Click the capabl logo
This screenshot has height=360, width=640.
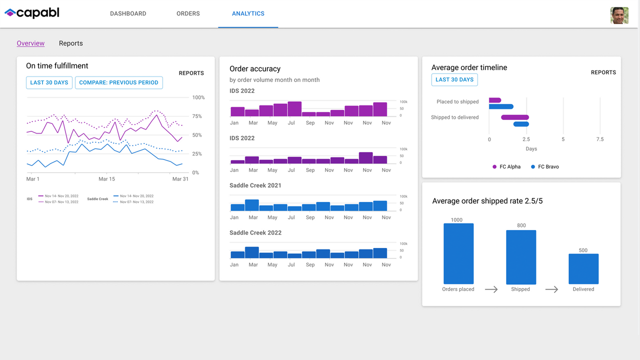click(32, 13)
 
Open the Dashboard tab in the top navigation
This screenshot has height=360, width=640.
click(128, 13)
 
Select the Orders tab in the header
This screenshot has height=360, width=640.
click(188, 13)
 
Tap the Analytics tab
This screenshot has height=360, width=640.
click(248, 13)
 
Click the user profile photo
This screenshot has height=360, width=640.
click(619, 15)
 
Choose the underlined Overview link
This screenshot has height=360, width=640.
click(30, 43)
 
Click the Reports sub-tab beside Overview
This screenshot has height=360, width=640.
click(70, 43)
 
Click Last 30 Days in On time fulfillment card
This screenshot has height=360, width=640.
click(49, 82)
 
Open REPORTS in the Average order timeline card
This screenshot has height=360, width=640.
click(603, 72)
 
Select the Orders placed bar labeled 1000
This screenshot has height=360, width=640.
click(458, 253)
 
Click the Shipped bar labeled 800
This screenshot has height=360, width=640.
click(521, 257)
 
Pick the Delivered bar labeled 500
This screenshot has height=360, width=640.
click(583, 269)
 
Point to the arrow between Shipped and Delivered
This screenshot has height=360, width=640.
click(551, 289)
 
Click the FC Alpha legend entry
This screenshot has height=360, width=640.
click(506, 166)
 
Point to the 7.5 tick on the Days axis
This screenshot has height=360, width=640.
click(600, 139)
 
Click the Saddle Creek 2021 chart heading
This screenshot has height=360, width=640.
click(255, 185)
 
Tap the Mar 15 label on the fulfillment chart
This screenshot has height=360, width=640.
click(106, 179)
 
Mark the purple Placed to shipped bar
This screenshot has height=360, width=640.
click(495, 100)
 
